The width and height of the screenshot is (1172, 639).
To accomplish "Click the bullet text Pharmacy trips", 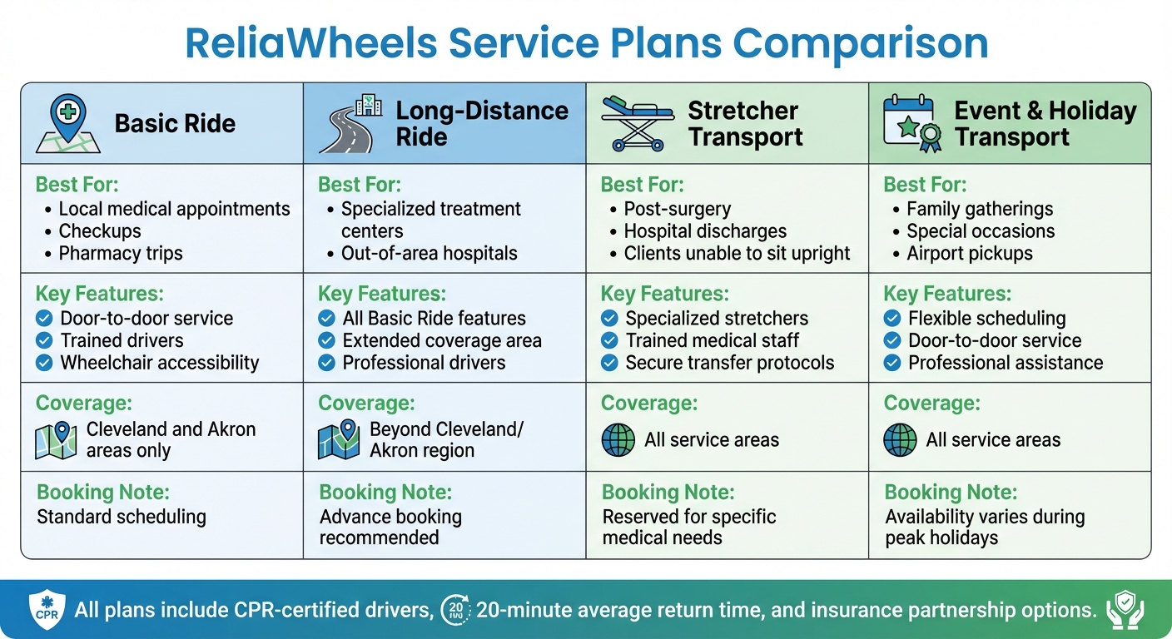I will (121, 254).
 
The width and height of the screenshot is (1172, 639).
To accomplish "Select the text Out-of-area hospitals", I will (429, 254).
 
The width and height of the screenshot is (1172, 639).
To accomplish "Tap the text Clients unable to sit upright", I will (737, 254).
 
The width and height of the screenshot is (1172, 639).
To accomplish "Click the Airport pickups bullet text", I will (969, 254).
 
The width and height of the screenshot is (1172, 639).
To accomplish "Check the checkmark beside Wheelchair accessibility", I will (44, 363).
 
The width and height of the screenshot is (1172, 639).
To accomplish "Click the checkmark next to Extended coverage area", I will (327, 341).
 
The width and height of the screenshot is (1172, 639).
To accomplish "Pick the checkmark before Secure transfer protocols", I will (609, 363).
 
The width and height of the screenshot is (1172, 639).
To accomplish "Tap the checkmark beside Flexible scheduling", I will (892, 319).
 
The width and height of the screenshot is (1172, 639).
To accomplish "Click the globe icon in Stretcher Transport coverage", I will (618, 440).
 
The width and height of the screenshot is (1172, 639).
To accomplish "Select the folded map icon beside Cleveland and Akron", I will (56, 441).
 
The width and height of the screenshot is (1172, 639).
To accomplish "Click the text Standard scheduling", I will (122, 517).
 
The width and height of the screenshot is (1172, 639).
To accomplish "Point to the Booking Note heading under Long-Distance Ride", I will (385, 493).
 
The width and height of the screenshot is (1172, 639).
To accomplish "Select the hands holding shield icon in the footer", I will (1125, 610).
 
